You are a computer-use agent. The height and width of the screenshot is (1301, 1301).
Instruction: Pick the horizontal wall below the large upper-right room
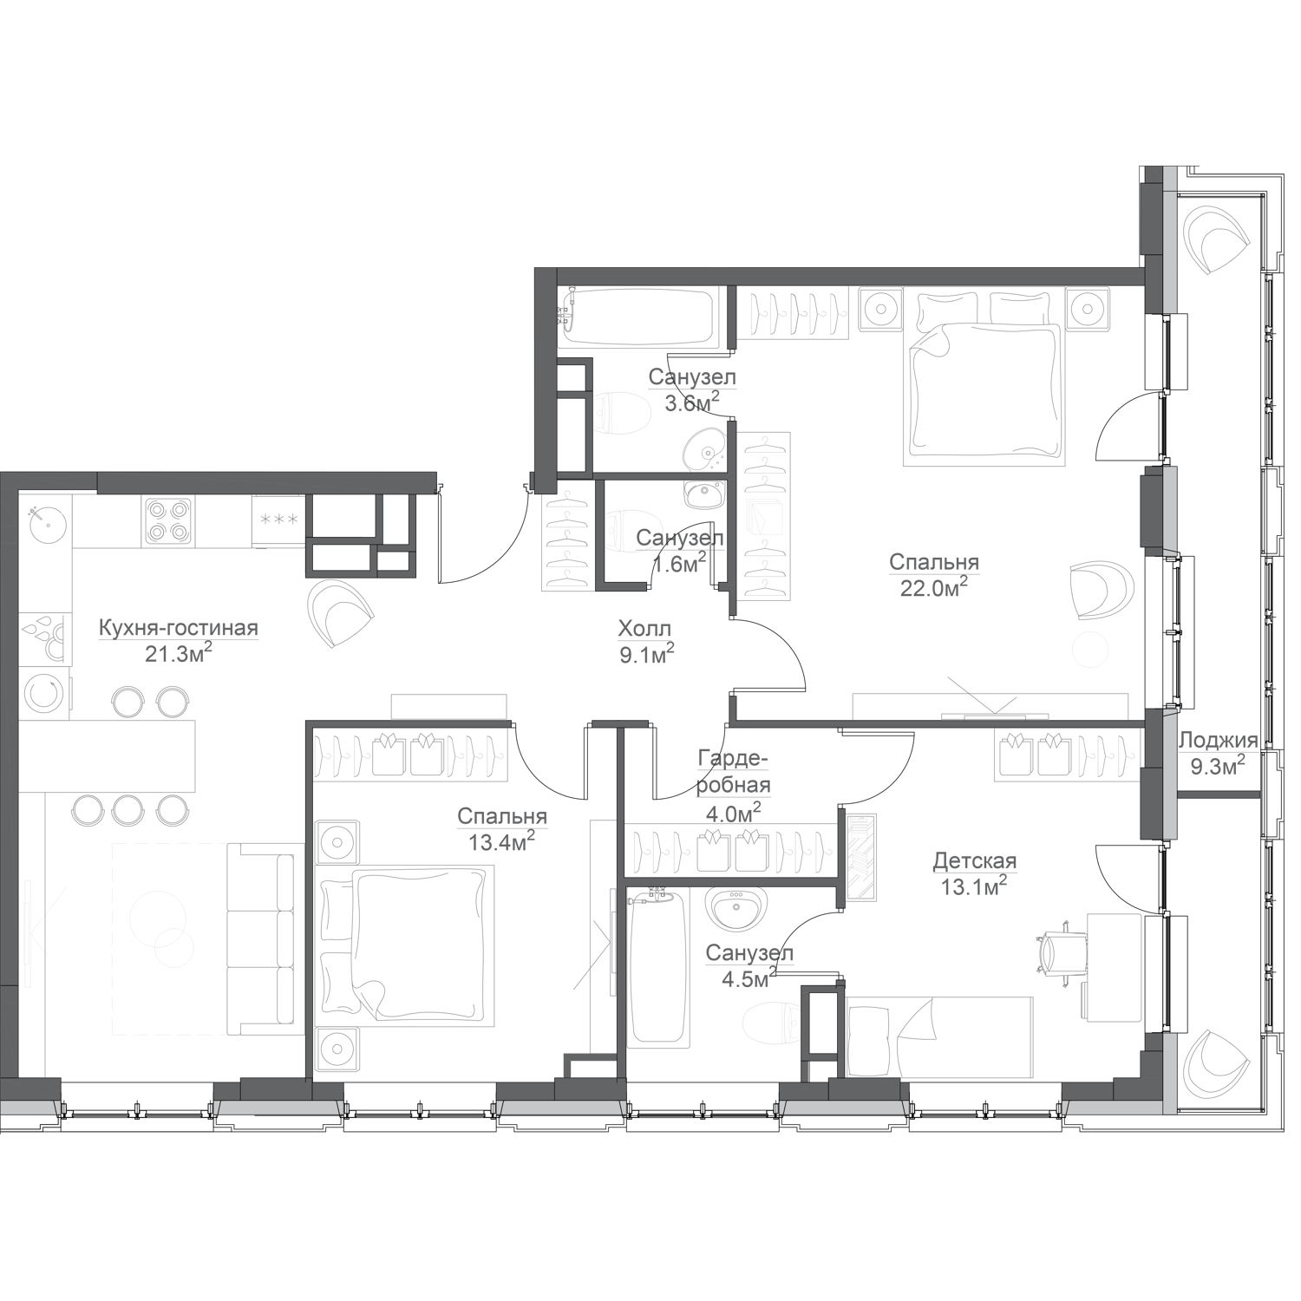[x=937, y=722]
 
